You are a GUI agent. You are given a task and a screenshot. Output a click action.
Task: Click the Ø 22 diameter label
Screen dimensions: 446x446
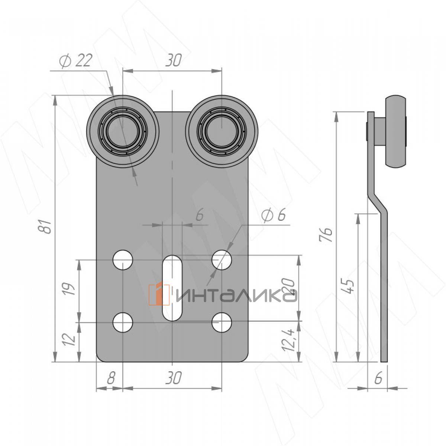click(75, 61)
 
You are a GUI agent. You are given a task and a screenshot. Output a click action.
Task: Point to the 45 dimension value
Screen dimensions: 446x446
click(349, 285)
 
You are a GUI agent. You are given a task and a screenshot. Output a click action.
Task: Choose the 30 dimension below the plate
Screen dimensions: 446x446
click(173, 378)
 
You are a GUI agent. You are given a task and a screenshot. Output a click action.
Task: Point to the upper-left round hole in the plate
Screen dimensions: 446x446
click(123, 260)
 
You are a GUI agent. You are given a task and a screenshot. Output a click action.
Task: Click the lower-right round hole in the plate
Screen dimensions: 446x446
click(222, 322)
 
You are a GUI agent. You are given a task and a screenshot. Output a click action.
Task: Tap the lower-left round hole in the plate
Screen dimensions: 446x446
click(123, 322)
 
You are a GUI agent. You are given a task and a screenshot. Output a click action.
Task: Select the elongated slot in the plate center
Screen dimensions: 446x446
click(172, 288)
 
